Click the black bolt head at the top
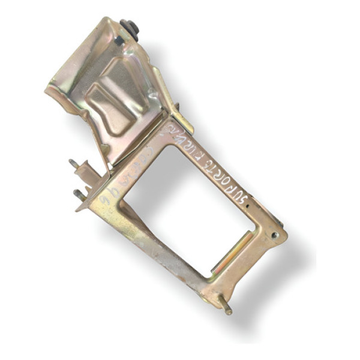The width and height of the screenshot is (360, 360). coord(129,28)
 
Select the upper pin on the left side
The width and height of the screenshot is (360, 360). coord(74,163)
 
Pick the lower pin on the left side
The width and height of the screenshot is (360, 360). coord(79,194)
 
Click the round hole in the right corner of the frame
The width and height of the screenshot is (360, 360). coord(274,236)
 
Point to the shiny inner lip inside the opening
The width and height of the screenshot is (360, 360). coord(231,252)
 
